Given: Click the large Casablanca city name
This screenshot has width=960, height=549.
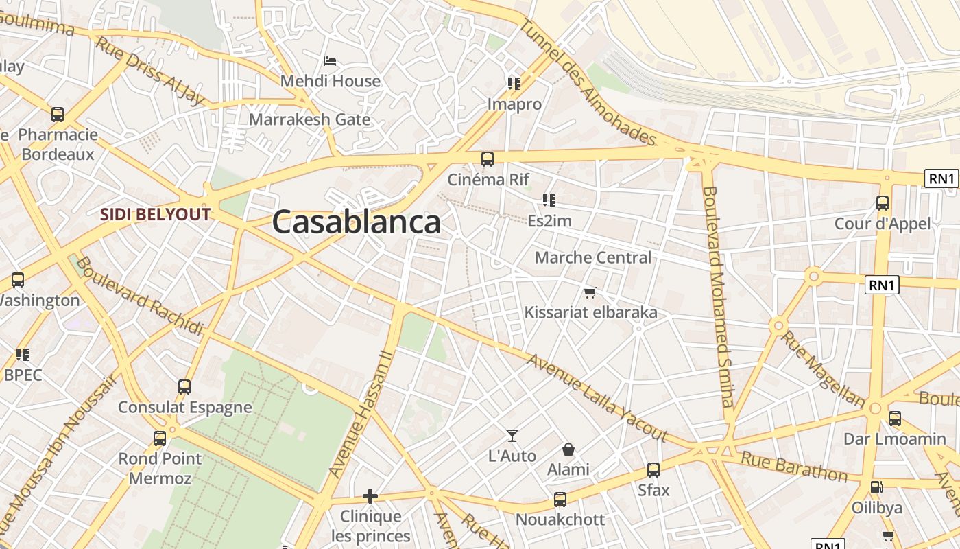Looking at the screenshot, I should (356, 222).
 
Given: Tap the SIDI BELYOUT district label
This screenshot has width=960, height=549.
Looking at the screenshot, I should (155, 214).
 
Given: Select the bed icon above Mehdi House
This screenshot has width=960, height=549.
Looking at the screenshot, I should (330, 61).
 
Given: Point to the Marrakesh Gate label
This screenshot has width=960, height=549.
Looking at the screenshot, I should (309, 119).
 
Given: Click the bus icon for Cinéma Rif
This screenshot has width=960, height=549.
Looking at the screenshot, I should (488, 159).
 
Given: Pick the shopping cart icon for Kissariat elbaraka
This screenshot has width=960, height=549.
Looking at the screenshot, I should (590, 293).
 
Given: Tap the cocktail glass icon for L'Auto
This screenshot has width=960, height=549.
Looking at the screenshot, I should (512, 435).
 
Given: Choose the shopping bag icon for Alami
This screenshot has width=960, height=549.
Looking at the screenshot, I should (568, 449).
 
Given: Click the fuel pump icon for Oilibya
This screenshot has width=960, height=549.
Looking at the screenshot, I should (876, 487).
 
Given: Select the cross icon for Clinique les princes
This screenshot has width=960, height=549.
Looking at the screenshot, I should (370, 495).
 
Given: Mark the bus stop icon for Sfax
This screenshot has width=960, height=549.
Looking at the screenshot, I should (653, 470).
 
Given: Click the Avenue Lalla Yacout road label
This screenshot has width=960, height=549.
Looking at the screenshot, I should (597, 398).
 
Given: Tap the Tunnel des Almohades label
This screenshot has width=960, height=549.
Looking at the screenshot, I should (588, 81).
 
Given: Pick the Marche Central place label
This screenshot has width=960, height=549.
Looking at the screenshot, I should (593, 258).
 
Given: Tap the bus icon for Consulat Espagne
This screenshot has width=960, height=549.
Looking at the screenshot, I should (184, 386).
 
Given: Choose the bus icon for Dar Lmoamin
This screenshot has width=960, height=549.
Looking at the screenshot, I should (894, 419).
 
